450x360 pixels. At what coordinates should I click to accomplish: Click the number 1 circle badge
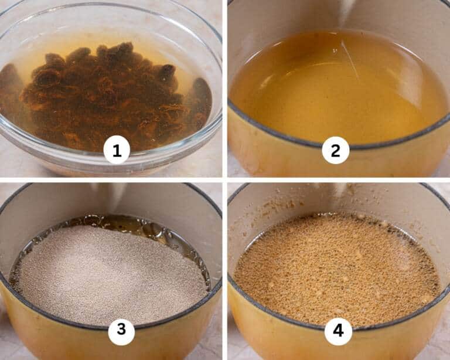(x=117, y=151)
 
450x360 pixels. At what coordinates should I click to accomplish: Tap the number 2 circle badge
(x=336, y=151)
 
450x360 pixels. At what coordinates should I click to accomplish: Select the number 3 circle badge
(x=121, y=330)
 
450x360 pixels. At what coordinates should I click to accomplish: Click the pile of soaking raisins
(x=106, y=97)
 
